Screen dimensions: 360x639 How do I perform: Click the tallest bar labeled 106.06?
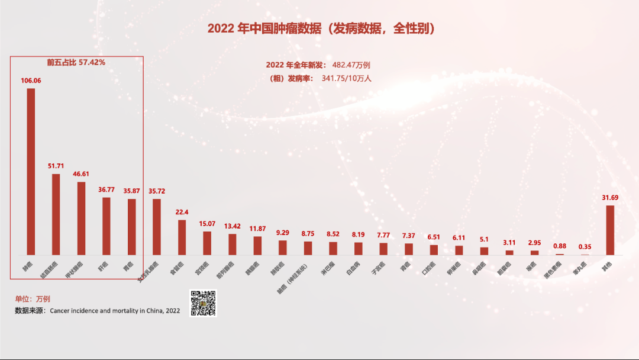(x=31, y=172)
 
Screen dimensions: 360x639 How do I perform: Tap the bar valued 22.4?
(x=182, y=237)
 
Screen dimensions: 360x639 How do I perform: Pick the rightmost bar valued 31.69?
(x=610, y=230)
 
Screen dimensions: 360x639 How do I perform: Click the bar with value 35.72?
(x=157, y=227)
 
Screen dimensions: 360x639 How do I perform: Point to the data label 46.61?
(x=81, y=175)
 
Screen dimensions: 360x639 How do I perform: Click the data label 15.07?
(x=207, y=224)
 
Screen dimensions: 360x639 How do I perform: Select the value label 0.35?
(x=585, y=247)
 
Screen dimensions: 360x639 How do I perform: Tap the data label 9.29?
(x=283, y=233)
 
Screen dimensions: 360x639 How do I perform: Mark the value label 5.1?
(x=484, y=239)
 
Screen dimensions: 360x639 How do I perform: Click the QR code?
(x=203, y=303)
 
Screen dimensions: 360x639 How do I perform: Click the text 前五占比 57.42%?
(x=76, y=62)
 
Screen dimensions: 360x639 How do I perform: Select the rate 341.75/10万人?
(x=346, y=78)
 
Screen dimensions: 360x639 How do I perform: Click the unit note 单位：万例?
(x=33, y=299)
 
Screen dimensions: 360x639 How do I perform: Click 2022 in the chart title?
(x=221, y=28)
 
